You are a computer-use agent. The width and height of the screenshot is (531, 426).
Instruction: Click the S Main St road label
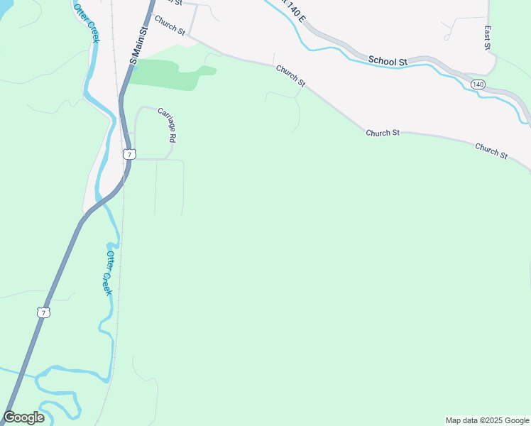click(138, 47)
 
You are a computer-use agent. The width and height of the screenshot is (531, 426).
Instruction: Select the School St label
click(388, 61)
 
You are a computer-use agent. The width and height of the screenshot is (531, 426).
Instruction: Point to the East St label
click(488, 38)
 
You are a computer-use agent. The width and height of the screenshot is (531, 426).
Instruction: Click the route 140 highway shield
click(478, 84)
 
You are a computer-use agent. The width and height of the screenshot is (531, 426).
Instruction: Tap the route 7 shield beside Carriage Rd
click(128, 154)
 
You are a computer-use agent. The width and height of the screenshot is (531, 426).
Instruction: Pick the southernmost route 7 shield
click(43, 312)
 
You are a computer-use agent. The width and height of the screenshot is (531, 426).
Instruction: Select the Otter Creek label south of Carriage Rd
click(109, 273)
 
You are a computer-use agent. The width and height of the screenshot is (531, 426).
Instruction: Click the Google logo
click(23, 417)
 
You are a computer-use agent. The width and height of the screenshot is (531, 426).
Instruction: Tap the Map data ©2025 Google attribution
click(487, 420)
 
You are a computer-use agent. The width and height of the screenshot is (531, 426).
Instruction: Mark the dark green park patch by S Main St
click(163, 74)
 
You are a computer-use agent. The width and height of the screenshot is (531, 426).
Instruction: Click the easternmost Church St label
click(491, 151)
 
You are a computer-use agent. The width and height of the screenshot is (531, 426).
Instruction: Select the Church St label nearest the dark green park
click(290, 76)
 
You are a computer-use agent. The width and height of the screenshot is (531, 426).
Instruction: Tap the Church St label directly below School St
click(383, 133)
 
